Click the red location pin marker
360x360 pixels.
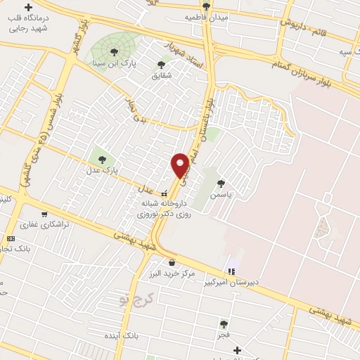tap(181, 166)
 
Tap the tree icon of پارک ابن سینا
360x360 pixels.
tap(114, 51)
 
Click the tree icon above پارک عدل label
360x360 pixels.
tap(103, 159)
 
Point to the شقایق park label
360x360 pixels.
tap(162, 75)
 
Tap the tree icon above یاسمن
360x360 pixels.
tap(221, 183)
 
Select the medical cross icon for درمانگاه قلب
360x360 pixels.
tap(28, 7)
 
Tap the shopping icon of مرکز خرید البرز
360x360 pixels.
tap(172, 262)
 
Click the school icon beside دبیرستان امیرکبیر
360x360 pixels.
tap(231, 271)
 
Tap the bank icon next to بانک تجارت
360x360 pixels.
tap(11, 238)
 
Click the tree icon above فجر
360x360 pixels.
tap(224, 323)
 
